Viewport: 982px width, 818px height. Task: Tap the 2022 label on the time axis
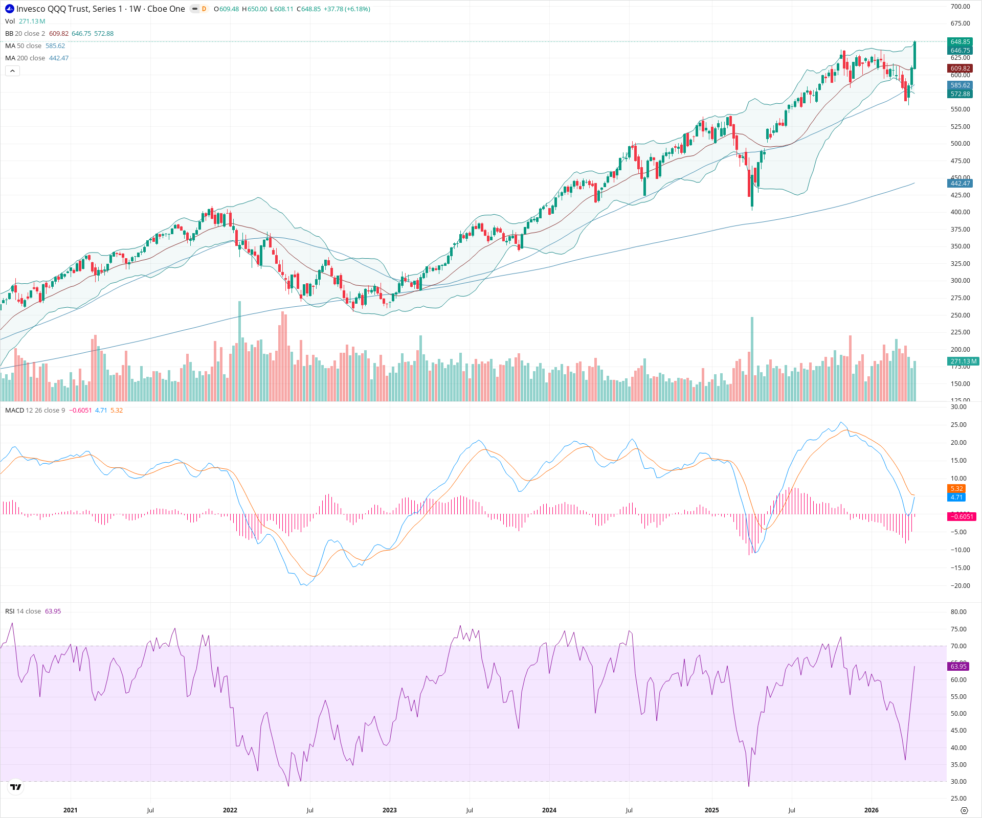(230, 810)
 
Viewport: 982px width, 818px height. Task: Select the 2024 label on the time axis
(549, 810)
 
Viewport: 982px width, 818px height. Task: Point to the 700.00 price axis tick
(960, 7)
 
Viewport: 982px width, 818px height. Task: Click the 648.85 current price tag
(960, 42)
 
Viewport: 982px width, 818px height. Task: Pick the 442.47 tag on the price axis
(960, 184)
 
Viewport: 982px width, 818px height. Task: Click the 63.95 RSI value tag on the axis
(958, 666)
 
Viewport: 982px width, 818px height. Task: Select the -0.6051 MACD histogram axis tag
(962, 516)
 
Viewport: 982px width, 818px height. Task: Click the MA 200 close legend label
(26, 58)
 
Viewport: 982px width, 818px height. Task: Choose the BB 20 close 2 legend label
(25, 34)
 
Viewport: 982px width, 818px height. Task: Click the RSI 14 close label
(23, 611)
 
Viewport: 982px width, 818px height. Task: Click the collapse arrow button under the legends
(12, 71)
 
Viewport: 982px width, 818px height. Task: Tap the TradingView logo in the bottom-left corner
(16, 787)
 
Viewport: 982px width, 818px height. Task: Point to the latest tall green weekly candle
(914, 55)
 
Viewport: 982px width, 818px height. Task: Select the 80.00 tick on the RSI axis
(958, 612)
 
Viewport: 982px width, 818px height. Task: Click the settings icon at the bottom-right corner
(964, 810)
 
